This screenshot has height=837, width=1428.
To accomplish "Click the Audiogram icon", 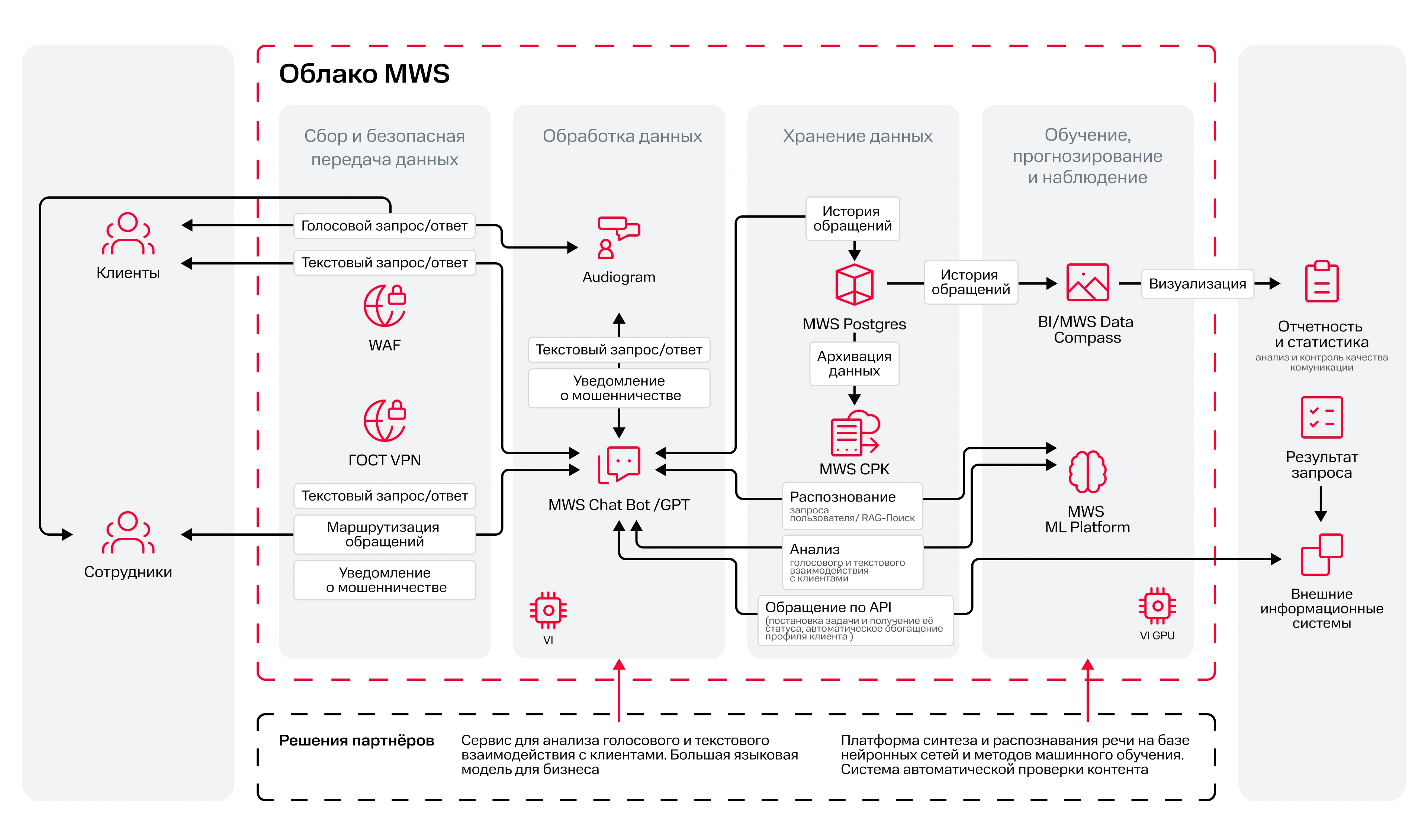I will click(x=618, y=237).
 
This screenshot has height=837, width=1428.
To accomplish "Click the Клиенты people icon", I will click(x=128, y=234).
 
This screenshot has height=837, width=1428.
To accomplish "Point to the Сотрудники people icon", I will click(x=128, y=533).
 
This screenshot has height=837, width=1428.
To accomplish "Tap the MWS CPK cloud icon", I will click(x=855, y=433).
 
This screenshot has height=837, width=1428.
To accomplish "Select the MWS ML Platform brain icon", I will click(x=1087, y=471).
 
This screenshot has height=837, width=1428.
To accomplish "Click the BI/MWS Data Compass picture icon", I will click(x=1087, y=282).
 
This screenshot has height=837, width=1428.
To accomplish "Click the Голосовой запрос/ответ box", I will click(x=384, y=225).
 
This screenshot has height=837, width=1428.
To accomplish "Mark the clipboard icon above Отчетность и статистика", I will click(x=1322, y=282).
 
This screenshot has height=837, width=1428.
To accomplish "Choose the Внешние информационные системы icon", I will click(x=1322, y=554).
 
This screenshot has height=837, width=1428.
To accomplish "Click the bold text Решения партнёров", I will click(x=356, y=741).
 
